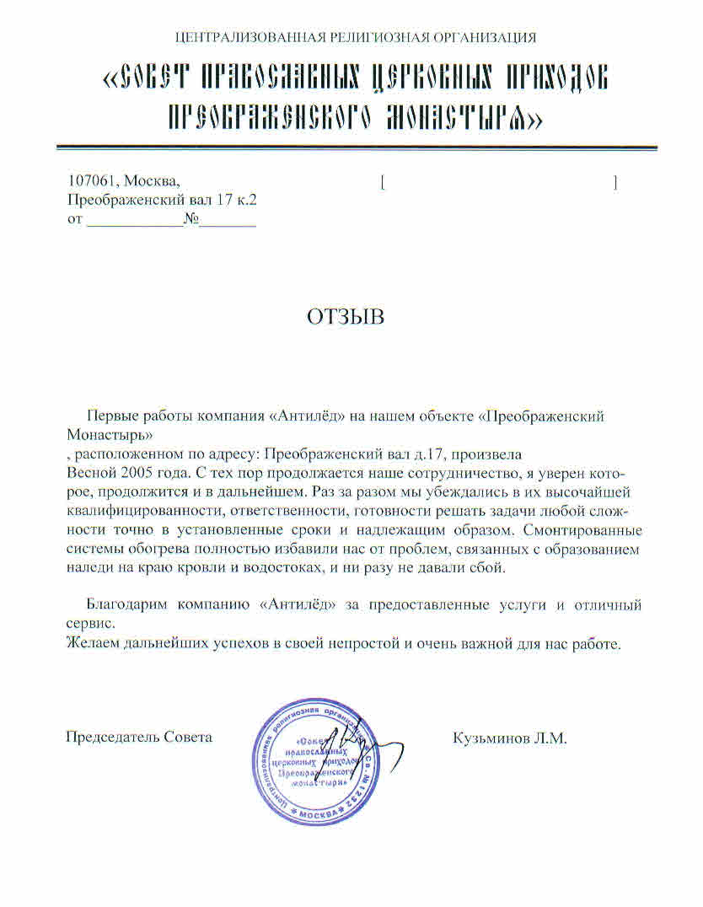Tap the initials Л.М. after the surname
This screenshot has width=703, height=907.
click(x=550, y=738)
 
